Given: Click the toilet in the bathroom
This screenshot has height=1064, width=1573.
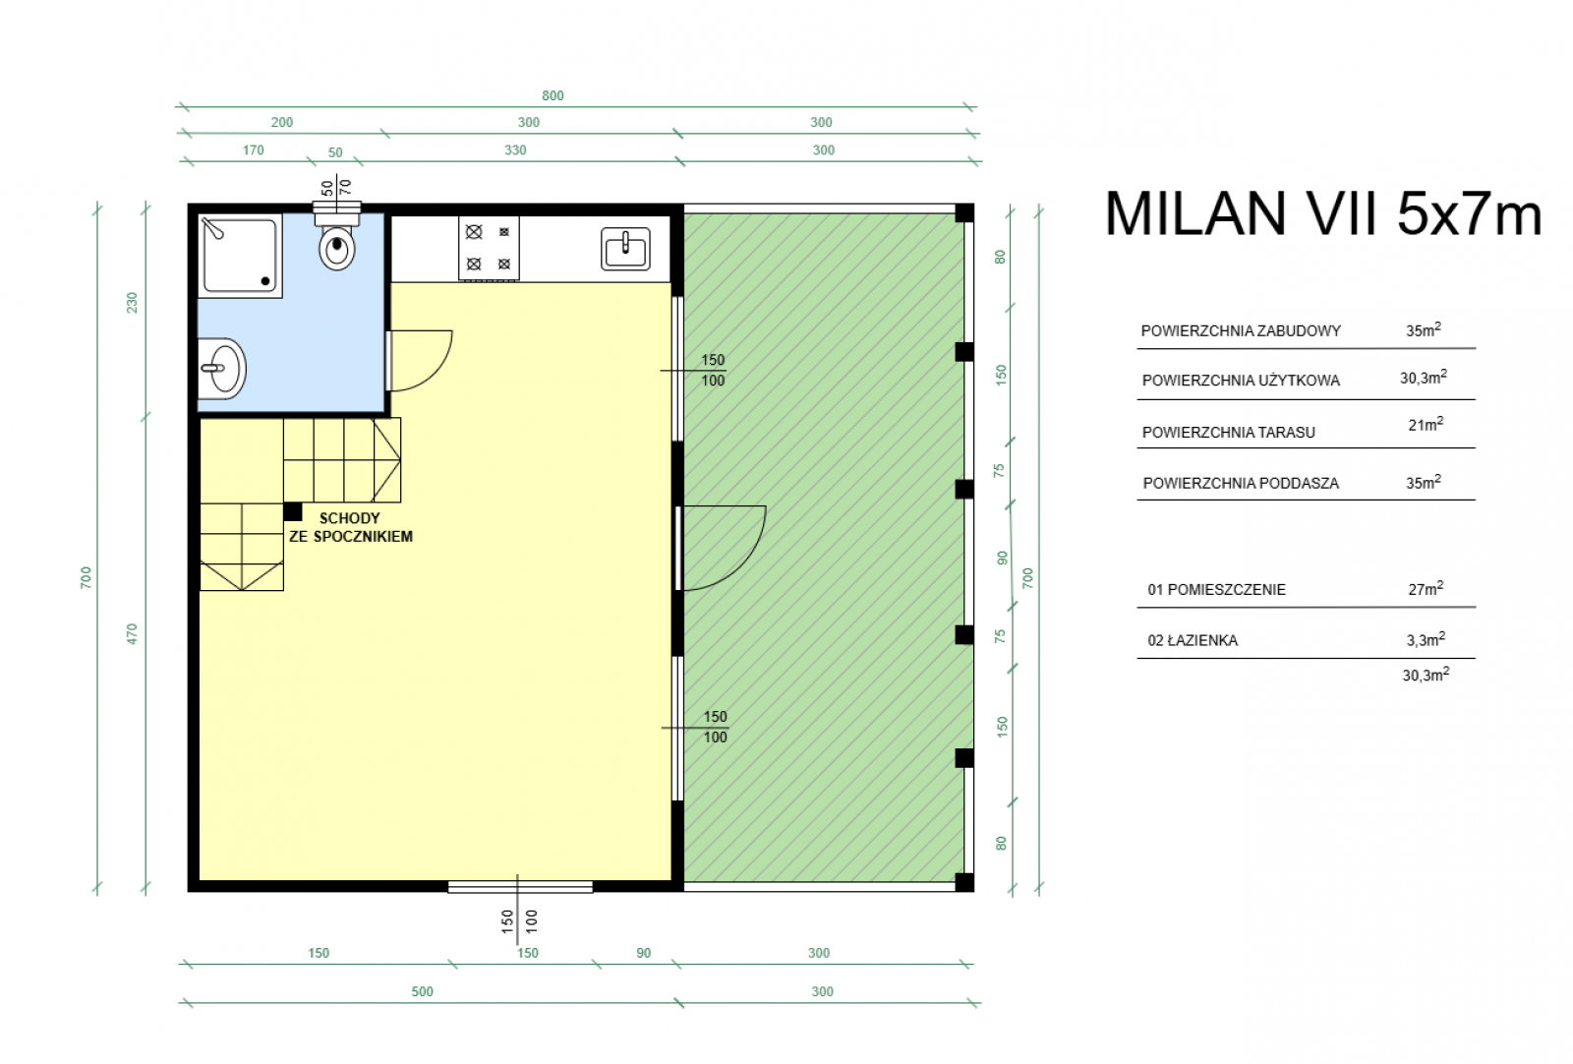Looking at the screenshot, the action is pyautogui.click(x=337, y=242).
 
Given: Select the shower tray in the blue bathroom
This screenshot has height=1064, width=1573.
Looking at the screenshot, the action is pyautogui.click(x=240, y=256).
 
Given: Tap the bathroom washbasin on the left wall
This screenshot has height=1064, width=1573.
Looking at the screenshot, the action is pyautogui.click(x=221, y=369).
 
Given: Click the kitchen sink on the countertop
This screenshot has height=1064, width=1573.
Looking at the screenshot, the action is pyautogui.click(x=625, y=249).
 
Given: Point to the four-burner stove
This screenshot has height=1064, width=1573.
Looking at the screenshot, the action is pyautogui.click(x=489, y=248).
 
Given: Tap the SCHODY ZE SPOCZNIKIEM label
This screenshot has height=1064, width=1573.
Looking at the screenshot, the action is pyautogui.click(x=350, y=527).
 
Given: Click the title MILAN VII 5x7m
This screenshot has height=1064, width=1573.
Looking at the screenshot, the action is pyautogui.click(x=1323, y=213).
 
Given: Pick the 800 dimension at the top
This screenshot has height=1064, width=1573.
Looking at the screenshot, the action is pyautogui.click(x=553, y=95).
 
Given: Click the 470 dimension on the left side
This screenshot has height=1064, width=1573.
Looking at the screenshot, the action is pyautogui.click(x=132, y=634).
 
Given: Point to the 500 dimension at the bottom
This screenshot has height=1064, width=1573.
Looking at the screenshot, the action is pyautogui.click(x=422, y=991).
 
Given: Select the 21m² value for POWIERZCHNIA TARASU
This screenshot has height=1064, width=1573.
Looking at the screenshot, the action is pyautogui.click(x=1426, y=424).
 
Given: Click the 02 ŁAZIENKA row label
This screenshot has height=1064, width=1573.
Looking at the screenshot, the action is pyautogui.click(x=1193, y=640).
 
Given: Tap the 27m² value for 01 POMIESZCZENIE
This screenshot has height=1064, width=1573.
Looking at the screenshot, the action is pyautogui.click(x=1426, y=588).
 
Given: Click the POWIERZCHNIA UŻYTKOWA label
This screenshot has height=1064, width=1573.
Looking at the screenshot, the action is pyautogui.click(x=1241, y=381).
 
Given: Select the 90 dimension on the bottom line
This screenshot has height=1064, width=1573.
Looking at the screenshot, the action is pyautogui.click(x=643, y=953).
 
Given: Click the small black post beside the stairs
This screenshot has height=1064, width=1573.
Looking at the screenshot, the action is pyautogui.click(x=293, y=511).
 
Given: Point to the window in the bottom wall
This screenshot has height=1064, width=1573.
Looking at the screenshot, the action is pyautogui.click(x=520, y=887).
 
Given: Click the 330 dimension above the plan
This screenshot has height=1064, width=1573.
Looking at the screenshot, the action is pyautogui.click(x=515, y=150).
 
